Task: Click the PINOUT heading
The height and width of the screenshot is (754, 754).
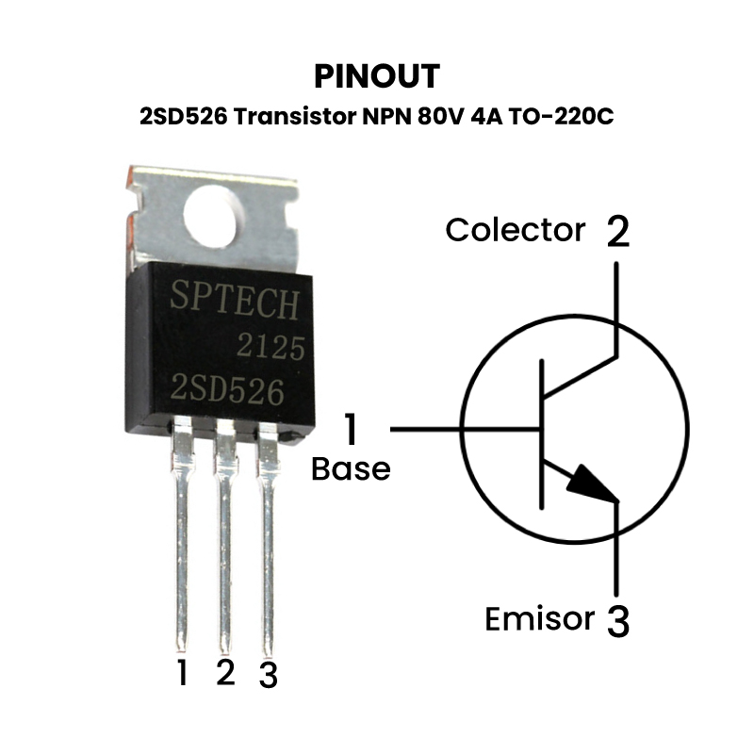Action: [376, 74]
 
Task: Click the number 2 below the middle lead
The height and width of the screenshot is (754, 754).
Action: [224, 672]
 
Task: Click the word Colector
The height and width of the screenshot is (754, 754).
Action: [515, 230]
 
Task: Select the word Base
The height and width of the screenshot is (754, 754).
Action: [351, 469]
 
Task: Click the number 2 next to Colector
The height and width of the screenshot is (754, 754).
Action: [616, 231]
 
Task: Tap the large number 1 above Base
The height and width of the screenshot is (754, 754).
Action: [351, 430]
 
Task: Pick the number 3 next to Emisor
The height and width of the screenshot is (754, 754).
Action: [617, 621]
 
